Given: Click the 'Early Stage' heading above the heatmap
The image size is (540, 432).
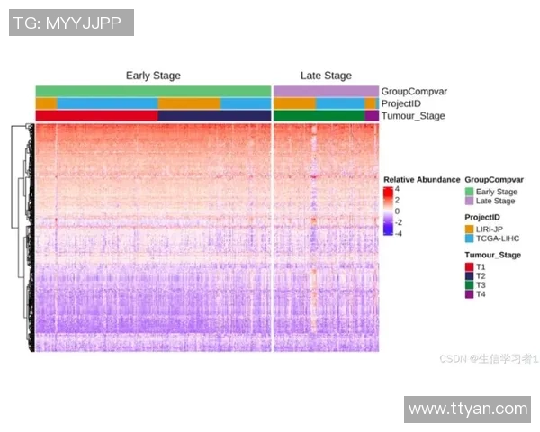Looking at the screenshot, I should pyautogui.click(x=153, y=76).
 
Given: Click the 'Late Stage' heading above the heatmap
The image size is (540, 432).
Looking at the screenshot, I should pyautogui.click(x=326, y=76).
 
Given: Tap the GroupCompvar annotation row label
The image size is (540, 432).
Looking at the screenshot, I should pyautogui.click(x=414, y=91).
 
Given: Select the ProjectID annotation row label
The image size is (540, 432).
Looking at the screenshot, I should pyautogui.click(x=403, y=103).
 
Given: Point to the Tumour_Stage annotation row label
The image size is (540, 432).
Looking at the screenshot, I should pyautogui.click(x=413, y=116).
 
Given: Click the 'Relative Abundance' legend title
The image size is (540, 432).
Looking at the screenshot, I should pyautogui.click(x=421, y=179).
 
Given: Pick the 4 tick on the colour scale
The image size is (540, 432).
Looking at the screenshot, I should pyautogui.click(x=399, y=190).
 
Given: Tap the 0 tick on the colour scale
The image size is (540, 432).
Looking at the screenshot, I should pyautogui.click(x=399, y=211).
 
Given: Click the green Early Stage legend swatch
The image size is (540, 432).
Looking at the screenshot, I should pyautogui.click(x=469, y=192).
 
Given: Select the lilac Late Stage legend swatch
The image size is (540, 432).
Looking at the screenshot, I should pyautogui.click(x=469, y=202).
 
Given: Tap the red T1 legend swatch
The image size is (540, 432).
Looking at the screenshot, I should pyautogui.click(x=469, y=267).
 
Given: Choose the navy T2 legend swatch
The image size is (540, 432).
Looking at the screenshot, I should pyautogui.click(x=469, y=276).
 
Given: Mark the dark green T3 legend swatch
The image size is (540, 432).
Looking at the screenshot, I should pyautogui.click(x=469, y=285).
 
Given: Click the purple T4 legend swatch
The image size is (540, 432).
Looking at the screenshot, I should pyautogui.click(x=469, y=294).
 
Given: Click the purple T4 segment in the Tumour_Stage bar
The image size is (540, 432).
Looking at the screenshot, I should pyautogui.click(x=372, y=116).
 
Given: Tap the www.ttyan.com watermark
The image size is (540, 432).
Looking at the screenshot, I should pyautogui.click(x=468, y=409).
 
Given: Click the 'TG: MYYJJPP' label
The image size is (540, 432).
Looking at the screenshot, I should pyautogui.click(x=71, y=22).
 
